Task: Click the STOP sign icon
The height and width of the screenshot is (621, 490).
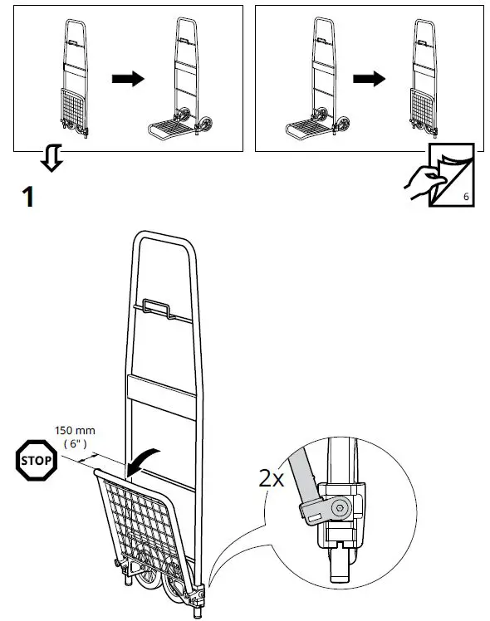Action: (x=37, y=457)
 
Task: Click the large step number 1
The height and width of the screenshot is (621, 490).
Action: (x=27, y=197)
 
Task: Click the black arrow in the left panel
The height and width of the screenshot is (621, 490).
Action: (x=128, y=79)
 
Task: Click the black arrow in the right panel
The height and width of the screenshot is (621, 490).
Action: (x=368, y=79)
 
